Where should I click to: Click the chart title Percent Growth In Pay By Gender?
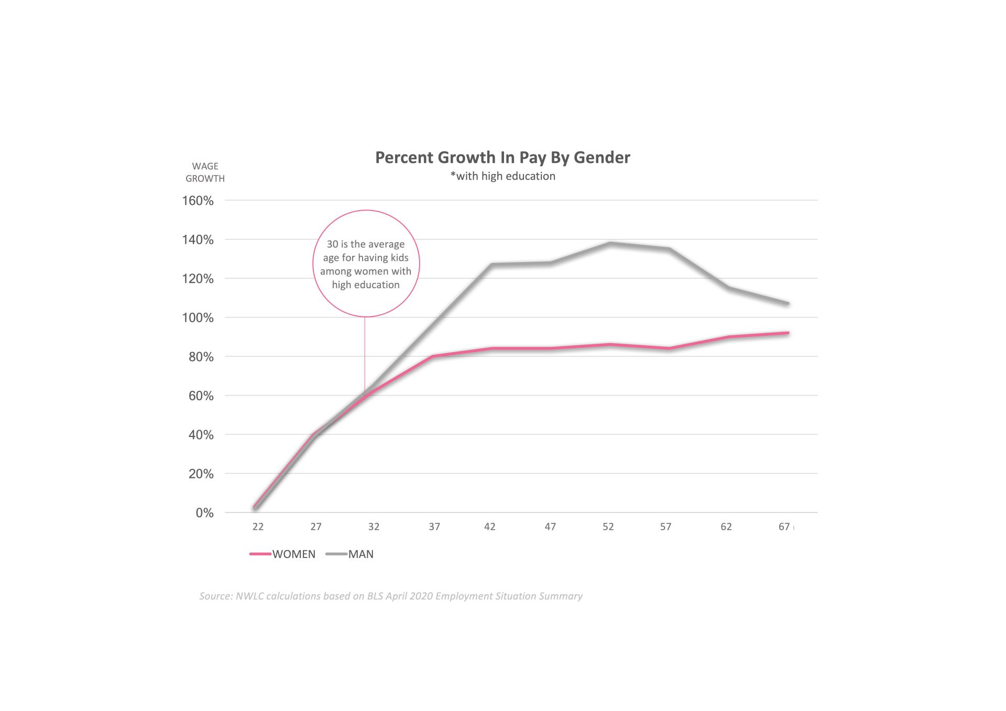pyautogui.click(x=502, y=158)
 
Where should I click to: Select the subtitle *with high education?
pyautogui.click(x=502, y=177)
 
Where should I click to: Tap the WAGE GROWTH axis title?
pyautogui.click(x=205, y=172)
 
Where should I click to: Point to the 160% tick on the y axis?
pyautogui.click(x=198, y=201)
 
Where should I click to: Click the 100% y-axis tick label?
pyautogui.click(x=198, y=318)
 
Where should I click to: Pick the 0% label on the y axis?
pyautogui.click(x=204, y=513)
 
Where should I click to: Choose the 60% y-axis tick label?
pyautogui.click(x=201, y=396)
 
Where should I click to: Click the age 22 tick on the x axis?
pyautogui.click(x=258, y=527)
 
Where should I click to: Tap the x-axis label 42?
pyautogui.click(x=489, y=527)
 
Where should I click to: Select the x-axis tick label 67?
pyautogui.click(x=784, y=527)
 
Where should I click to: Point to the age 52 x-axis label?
pyautogui.click(x=608, y=527)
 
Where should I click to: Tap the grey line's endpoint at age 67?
pyautogui.click(x=788, y=303)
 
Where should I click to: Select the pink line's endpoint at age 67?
pyautogui.click(x=788, y=333)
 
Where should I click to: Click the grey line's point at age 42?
pyautogui.click(x=492, y=264)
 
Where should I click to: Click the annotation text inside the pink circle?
pyautogui.click(x=366, y=265)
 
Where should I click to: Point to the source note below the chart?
pyautogui.click(x=391, y=596)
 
